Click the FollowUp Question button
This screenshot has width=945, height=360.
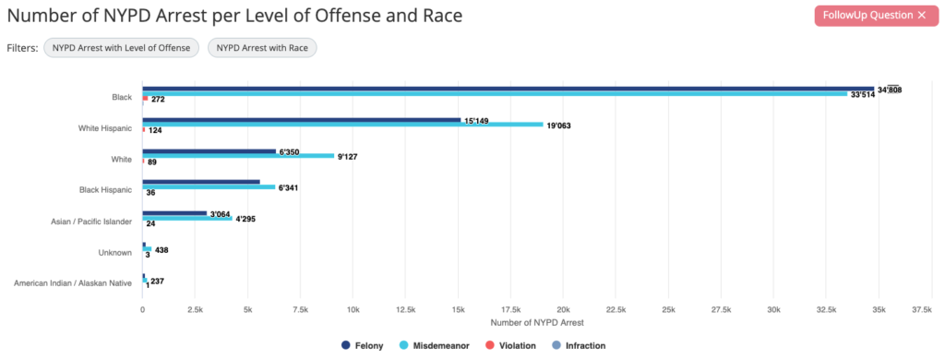(x=863, y=16)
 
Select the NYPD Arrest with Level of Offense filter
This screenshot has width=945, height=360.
(x=122, y=47)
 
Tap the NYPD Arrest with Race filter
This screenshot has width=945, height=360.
(x=262, y=47)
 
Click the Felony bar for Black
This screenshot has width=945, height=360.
(x=495, y=89)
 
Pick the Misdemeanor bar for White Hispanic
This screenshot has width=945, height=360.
(x=342, y=125)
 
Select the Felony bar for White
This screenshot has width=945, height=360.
(x=209, y=151)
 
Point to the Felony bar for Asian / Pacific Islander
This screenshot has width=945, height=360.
(x=174, y=214)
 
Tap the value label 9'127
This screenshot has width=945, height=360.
(x=348, y=157)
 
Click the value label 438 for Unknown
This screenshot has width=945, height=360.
(x=161, y=250)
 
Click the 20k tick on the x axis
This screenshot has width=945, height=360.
(x=563, y=310)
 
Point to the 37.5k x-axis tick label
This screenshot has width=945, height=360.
(x=920, y=310)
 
